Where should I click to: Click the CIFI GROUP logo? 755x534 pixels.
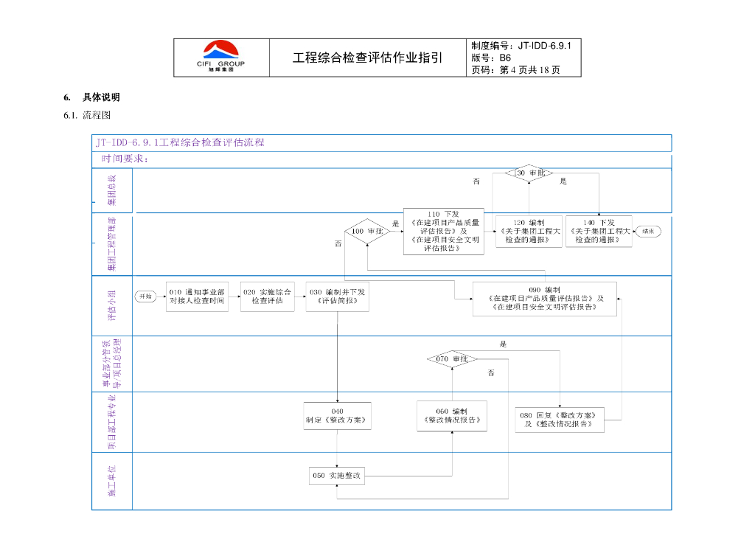tap(220, 57)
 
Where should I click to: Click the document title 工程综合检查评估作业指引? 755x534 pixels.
tap(368, 58)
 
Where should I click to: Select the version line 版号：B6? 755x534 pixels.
tap(491, 58)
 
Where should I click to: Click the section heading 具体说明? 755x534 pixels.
tap(101, 97)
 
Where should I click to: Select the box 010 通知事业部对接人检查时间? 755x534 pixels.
tap(197, 297)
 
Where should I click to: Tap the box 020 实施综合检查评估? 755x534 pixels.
tap(267, 297)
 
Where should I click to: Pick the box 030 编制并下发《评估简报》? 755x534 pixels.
tap(337, 297)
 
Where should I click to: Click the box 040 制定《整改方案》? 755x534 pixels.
tap(337, 416)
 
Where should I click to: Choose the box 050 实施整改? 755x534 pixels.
tap(337, 476)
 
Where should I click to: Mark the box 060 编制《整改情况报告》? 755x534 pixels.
tap(451, 416)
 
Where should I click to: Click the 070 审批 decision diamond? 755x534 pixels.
tap(452, 359)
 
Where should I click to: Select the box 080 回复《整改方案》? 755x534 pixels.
tap(560, 419)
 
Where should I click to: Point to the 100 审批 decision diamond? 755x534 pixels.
tap(367, 232)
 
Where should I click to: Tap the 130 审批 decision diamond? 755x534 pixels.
tap(529, 173)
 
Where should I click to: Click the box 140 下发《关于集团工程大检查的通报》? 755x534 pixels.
tap(599, 232)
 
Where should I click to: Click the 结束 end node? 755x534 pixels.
tap(647, 231)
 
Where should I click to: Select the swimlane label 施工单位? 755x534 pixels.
tap(112, 480)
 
